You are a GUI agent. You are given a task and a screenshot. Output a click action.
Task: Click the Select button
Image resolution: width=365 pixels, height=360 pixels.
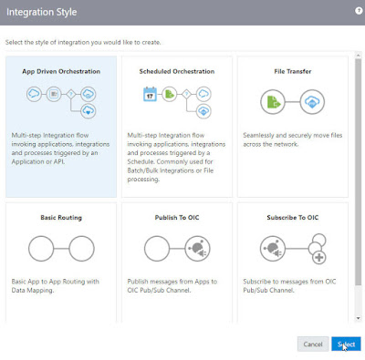pos(346,344)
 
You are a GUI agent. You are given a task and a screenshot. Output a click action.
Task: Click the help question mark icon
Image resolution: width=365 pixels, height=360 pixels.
pos(359,11)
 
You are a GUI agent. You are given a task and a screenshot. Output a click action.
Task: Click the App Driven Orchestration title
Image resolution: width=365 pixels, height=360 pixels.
pos(61,71)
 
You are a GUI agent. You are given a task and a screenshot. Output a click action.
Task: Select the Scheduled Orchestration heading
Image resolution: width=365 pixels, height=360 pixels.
pos(177,71)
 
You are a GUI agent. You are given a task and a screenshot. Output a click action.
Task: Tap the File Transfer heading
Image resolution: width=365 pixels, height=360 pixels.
pos(293,71)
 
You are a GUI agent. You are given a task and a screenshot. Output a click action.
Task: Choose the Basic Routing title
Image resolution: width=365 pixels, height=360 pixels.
pos(61,218)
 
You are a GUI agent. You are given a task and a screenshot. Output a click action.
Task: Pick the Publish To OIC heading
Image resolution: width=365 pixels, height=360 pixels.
pos(177,218)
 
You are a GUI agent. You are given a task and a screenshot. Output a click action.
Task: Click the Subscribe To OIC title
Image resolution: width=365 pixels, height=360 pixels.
pos(293,218)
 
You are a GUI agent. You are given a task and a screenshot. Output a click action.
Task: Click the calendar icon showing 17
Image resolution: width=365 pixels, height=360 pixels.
pos(150,94)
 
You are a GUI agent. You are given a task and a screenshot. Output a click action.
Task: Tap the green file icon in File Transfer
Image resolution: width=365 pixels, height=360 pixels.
pos(273,102)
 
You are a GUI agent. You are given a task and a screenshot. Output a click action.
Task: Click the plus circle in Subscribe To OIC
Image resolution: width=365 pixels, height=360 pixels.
pos(319,258)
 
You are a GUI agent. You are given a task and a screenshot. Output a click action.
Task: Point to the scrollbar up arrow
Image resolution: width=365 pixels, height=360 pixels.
pos(358,56)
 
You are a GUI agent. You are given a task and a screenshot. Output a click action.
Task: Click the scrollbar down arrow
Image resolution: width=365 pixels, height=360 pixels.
pos(358,318)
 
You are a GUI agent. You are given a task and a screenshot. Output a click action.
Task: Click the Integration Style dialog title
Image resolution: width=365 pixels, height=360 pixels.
pos(42,12)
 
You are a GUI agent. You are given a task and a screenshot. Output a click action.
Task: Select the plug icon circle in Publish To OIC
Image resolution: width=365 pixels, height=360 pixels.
pos(197,249)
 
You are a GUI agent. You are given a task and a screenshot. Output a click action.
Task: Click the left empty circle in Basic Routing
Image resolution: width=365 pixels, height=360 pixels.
pos(41,249)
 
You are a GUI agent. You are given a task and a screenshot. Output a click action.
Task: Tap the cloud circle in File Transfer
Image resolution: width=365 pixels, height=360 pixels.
pos(312,102)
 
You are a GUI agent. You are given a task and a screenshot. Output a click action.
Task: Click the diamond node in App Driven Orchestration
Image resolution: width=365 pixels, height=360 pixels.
pos(71,94)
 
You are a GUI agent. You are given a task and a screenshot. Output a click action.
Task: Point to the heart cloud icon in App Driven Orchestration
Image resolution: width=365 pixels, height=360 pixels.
pos(89,111)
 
